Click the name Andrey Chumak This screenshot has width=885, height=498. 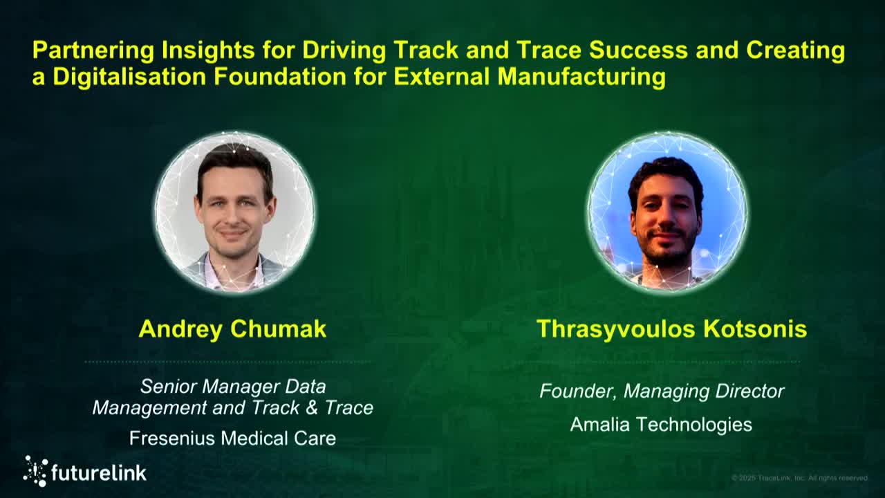click(x=232, y=329)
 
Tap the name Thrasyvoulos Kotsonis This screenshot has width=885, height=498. click(x=671, y=329)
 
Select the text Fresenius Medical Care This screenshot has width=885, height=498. click(x=232, y=438)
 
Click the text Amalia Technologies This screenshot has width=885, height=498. click(x=661, y=424)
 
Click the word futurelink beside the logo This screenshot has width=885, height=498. click(x=99, y=473)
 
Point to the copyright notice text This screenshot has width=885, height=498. click(x=799, y=478)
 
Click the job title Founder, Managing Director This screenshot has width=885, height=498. click(x=662, y=391)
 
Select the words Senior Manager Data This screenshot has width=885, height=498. click(x=232, y=386)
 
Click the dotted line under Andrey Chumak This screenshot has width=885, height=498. click(x=228, y=362)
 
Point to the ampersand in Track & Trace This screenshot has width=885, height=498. click(x=311, y=408)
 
